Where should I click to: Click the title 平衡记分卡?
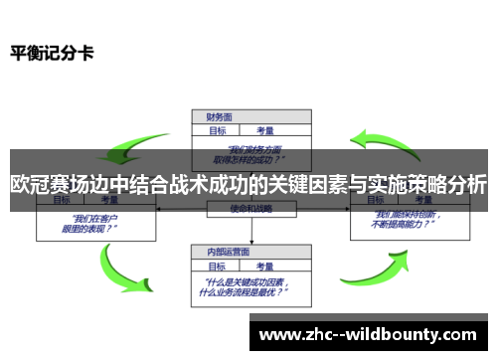[x=52, y=52]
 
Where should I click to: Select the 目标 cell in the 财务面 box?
[x=217, y=129]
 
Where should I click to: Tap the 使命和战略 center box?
[x=252, y=208]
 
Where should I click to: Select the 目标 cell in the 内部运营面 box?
[x=217, y=266]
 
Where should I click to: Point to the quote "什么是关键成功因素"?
[x=248, y=283]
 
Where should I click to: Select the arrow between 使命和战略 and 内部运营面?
[x=252, y=231]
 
